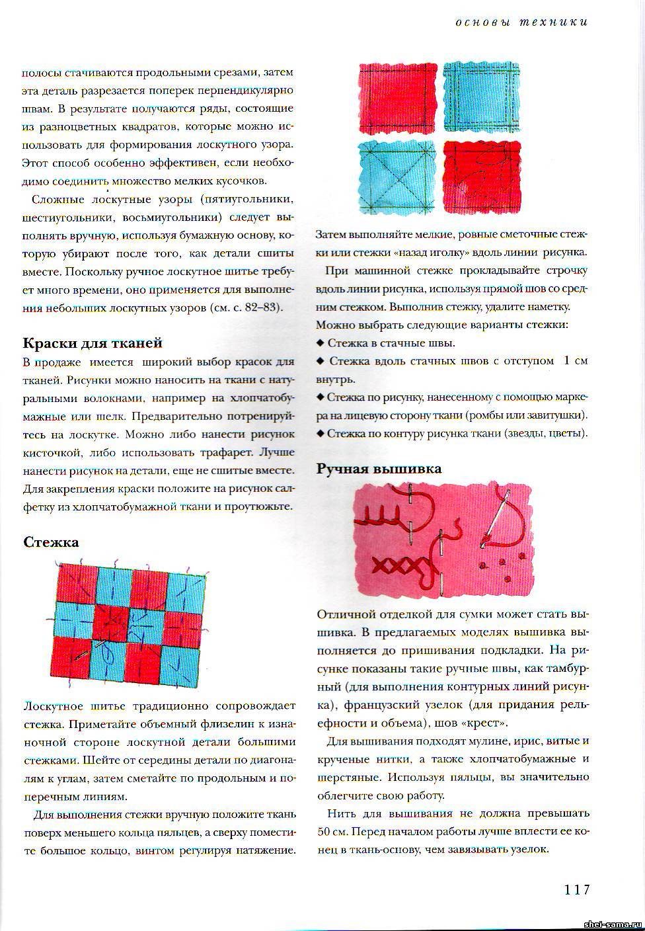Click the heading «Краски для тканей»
point(93,343)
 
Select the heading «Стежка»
point(51,542)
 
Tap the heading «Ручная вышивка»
point(379,469)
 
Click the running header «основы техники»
point(521,22)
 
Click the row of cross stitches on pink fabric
point(395,565)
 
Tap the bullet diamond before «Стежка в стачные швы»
point(321,343)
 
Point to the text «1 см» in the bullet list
point(575,361)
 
